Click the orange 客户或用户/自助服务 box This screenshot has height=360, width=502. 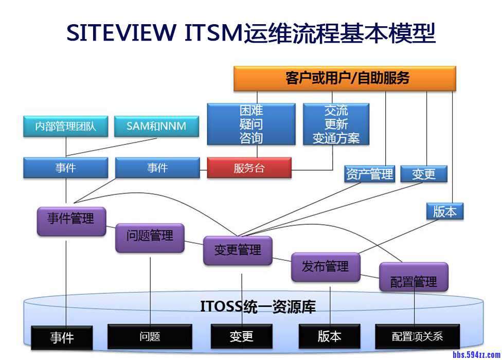(345, 78)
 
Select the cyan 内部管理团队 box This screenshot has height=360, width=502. (66, 126)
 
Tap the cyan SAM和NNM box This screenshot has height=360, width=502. (156, 126)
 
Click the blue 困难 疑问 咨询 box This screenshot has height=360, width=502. (251, 124)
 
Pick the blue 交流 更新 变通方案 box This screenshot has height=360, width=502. (336, 124)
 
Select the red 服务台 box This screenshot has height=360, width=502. (249, 168)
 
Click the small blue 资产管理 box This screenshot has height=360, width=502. (369, 174)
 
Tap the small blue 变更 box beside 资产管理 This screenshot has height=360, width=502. (424, 174)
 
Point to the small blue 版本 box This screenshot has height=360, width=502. (445, 211)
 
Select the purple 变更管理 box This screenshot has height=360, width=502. (238, 250)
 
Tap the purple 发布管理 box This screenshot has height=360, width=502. (326, 267)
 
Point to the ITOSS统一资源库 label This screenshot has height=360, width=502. (258, 308)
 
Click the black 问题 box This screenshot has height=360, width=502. (150, 337)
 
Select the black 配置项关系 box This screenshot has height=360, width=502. (417, 337)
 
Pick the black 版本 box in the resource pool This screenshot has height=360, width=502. (329, 336)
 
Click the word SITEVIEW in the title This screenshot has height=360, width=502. (121, 33)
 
